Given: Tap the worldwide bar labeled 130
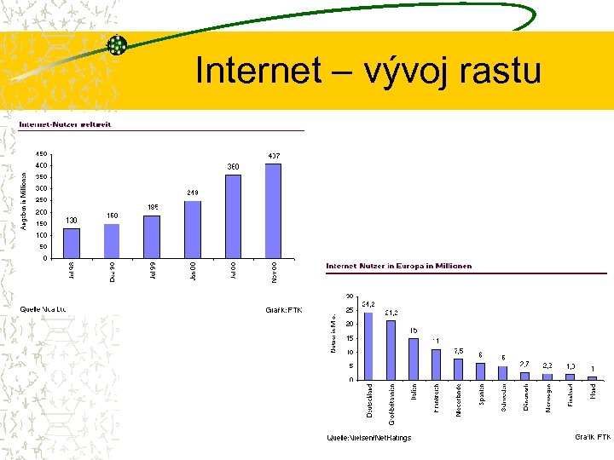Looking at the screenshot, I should (72, 243).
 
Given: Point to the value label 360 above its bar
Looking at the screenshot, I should (233, 166).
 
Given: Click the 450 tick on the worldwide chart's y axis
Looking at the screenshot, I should (41, 154).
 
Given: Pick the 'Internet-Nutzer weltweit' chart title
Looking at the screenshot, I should (65, 124).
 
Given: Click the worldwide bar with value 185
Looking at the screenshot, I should (152, 236).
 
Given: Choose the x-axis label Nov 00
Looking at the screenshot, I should (275, 273).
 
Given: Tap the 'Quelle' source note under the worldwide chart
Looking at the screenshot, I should (43, 308).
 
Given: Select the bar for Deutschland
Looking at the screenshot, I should (368, 346).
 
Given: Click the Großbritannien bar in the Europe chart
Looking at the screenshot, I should (391, 350).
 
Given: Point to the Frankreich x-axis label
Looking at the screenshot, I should (437, 400).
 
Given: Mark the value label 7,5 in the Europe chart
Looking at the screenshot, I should (458, 351).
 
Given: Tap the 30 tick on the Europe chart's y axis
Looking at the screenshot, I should (349, 296).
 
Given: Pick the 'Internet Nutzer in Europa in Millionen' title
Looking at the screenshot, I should (398, 266).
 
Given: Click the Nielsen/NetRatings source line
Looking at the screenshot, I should (369, 438).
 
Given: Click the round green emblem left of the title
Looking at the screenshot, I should (117, 45).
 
